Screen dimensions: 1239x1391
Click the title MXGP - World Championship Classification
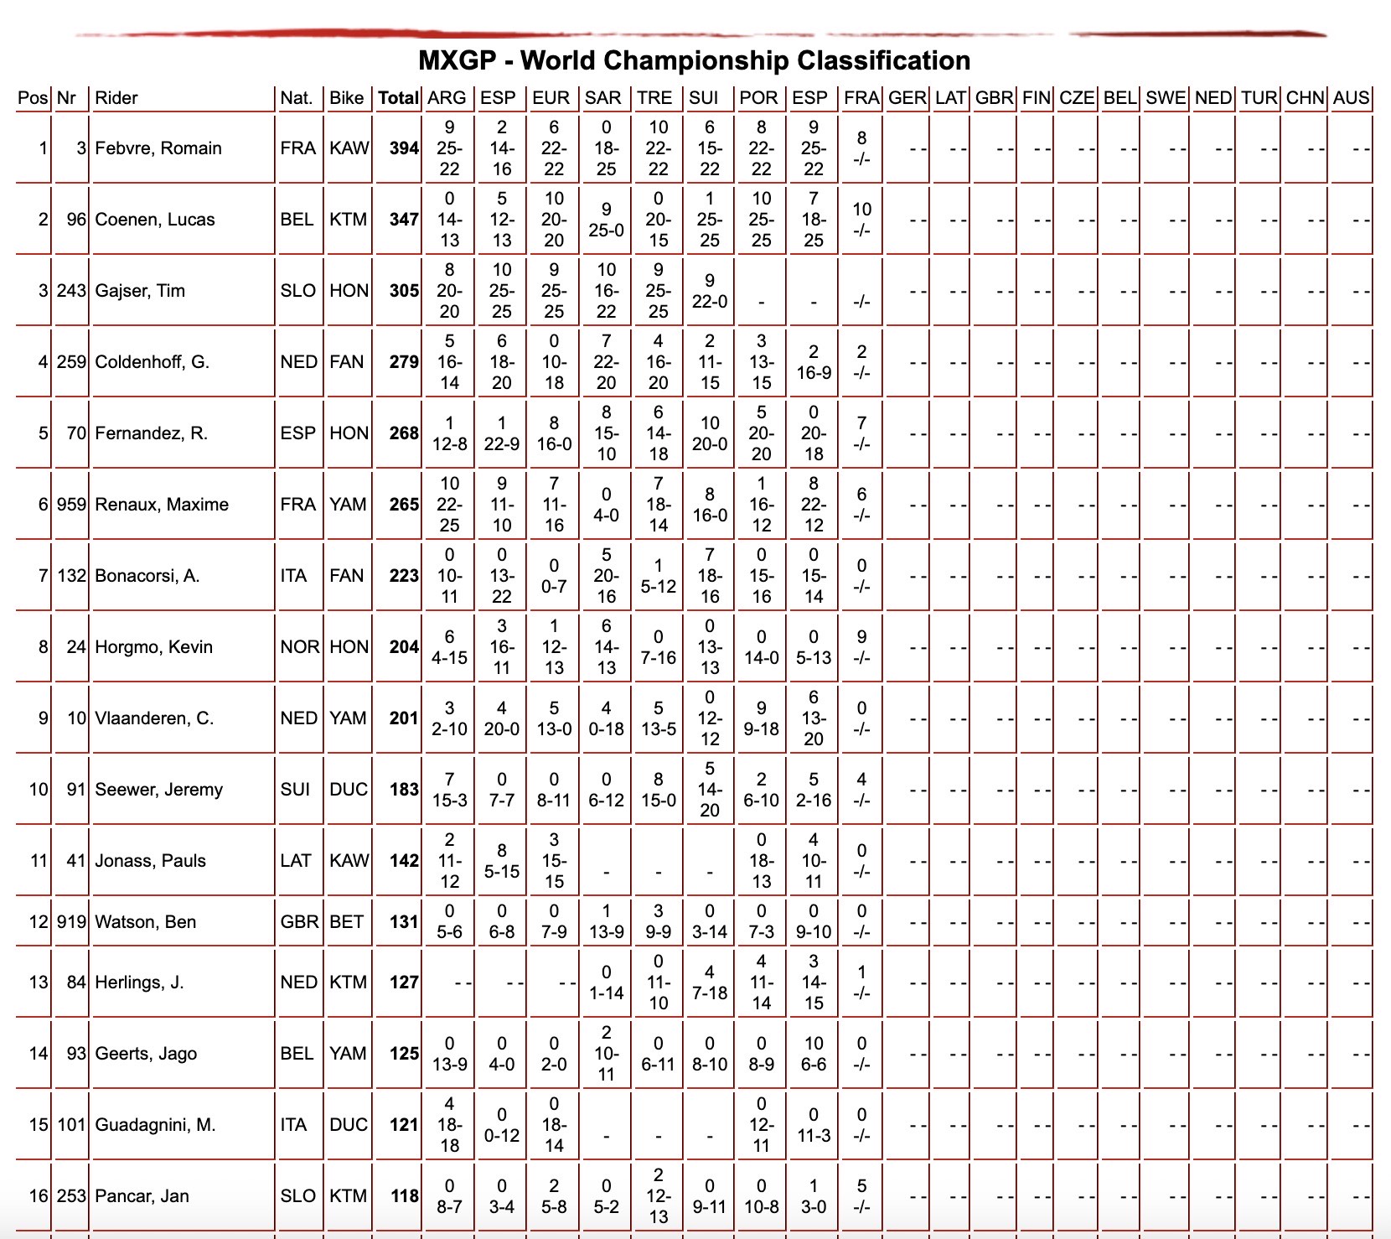[x=694, y=60]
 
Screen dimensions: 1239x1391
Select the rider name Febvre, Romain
[x=158, y=148]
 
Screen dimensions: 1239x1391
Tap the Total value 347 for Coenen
[x=404, y=220]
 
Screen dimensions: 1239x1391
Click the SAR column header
[x=602, y=98]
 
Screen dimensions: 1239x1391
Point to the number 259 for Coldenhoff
[x=71, y=362]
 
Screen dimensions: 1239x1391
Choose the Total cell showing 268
[x=404, y=433]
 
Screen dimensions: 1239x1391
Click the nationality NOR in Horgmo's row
[x=299, y=647]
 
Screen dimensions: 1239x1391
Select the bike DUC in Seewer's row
[x=349, y=790]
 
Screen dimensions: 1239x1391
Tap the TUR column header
[x=1259, y=98]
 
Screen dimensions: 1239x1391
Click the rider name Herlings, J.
[x=139, y=982]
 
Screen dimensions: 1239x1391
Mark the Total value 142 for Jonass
[x=404, y=861]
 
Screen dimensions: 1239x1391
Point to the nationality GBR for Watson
[x=299, y=922]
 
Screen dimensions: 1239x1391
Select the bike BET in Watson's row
[x=347, y=922]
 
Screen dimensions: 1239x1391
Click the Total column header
[x=398, y=98]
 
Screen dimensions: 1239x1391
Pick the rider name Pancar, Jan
[x=142, y=1196]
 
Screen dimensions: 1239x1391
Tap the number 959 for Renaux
[x=71, y=505]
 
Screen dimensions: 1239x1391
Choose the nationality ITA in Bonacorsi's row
[x=293, y=576]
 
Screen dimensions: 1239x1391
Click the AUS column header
[x=1351, y=98]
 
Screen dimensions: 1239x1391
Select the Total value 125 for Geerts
[x=404, y=1054]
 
